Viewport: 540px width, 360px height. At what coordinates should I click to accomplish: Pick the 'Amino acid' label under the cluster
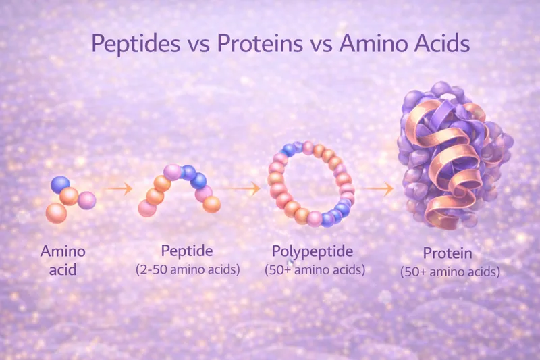63,260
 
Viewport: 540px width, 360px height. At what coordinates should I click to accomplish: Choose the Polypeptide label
313,251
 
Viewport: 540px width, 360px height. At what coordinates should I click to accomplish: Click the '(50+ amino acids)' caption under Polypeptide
314,269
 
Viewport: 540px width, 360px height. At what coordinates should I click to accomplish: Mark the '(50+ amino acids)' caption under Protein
450,272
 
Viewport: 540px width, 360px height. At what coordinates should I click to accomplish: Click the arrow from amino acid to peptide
119,189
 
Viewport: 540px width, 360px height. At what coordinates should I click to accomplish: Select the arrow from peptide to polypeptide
246,189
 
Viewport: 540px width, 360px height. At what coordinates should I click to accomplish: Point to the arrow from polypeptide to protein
376,189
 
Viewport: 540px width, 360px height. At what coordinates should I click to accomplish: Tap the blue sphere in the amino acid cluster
61,184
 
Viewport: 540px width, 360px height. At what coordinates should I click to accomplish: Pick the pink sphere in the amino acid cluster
86,200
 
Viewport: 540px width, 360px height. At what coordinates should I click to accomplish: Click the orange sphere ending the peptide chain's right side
212,204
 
